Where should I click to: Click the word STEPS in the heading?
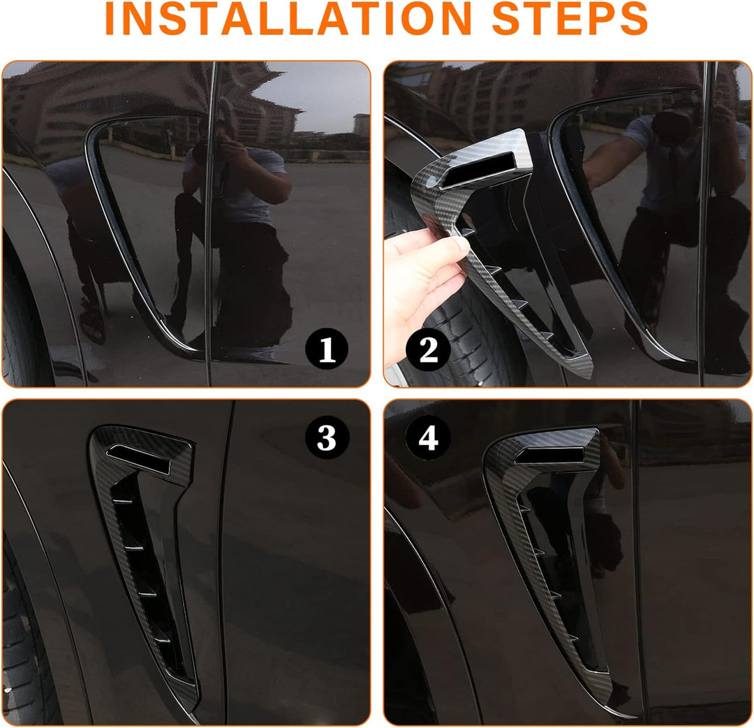(x=570, y=18)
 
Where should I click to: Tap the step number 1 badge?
(x=327, y=349)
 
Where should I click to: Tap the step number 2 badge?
(x=428, y=350)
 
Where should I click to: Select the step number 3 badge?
(x=327, y=437)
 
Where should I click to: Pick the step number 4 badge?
(x=428, y=437)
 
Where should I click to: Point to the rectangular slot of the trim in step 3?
(x=138, y=458)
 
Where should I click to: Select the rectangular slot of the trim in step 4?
(x=549, y=455)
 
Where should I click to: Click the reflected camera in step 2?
(x=673, y=125)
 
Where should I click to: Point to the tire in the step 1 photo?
(x=22, y=327)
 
